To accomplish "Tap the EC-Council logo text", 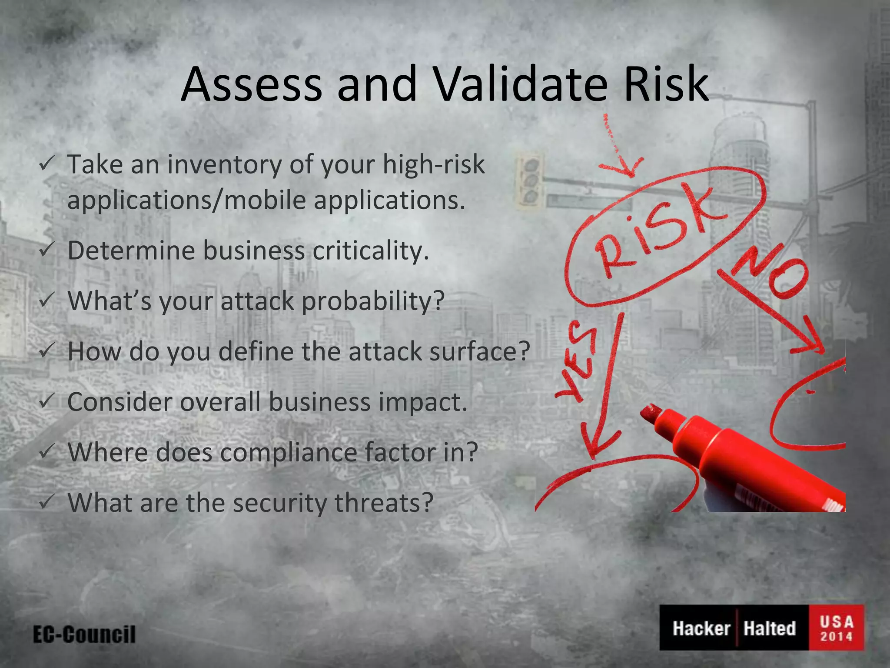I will (x=84, y=635).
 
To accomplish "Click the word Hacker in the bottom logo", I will (x=701, y=628).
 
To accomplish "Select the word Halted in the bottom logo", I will (x=769, y=628).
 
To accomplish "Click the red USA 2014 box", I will (x=836, y=628).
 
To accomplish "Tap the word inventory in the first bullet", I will (x=225, y=165).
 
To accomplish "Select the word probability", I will (x=373, y=301).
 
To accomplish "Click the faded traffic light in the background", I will (x=529, y=179).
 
